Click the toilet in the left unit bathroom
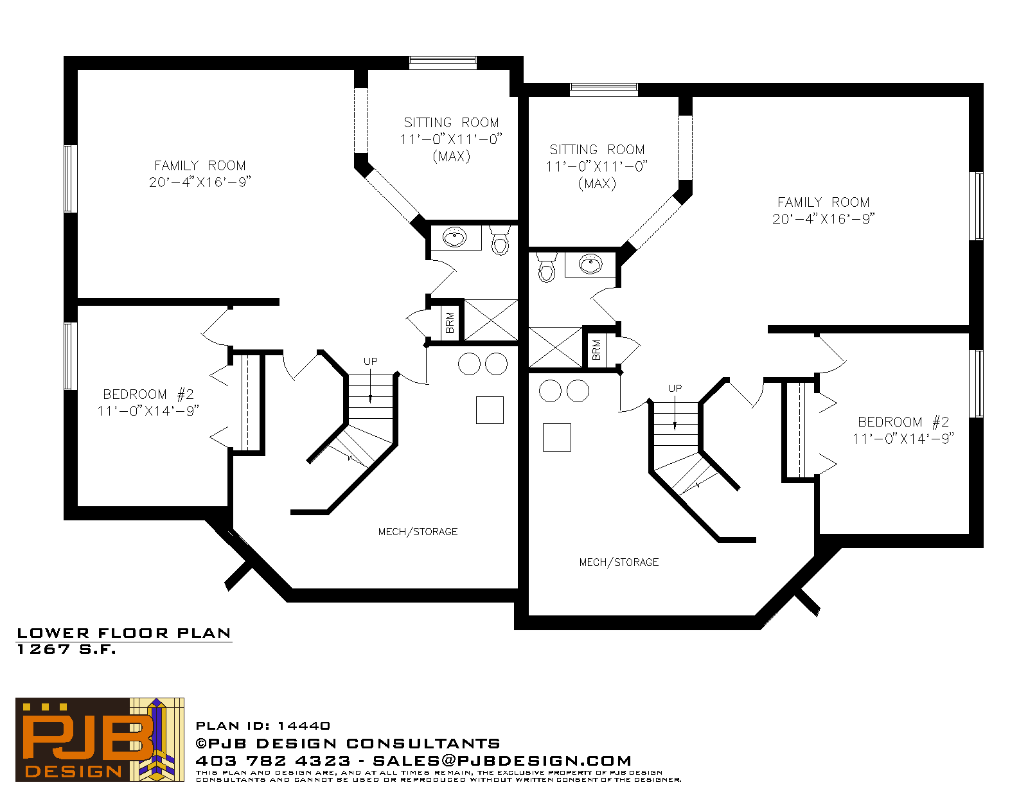point(500,240)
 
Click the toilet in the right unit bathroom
point(546,268)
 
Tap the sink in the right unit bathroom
point(590,263)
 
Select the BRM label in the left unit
point(450,322)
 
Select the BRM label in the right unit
point(596,350)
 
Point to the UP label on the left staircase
point(371,361)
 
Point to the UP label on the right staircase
point(675,388)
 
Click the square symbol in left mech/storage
point(490,410)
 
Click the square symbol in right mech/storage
point(557,437)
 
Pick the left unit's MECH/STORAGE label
point(418,531)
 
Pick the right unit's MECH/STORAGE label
point(619,562)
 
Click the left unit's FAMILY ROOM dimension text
point(200,182)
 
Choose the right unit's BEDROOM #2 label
point(903,422)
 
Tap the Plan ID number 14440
point(304,726)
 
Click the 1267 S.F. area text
point(66,649)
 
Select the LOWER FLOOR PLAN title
point(124,633)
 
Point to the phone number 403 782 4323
point(273,761)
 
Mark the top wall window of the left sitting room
point(442,63)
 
